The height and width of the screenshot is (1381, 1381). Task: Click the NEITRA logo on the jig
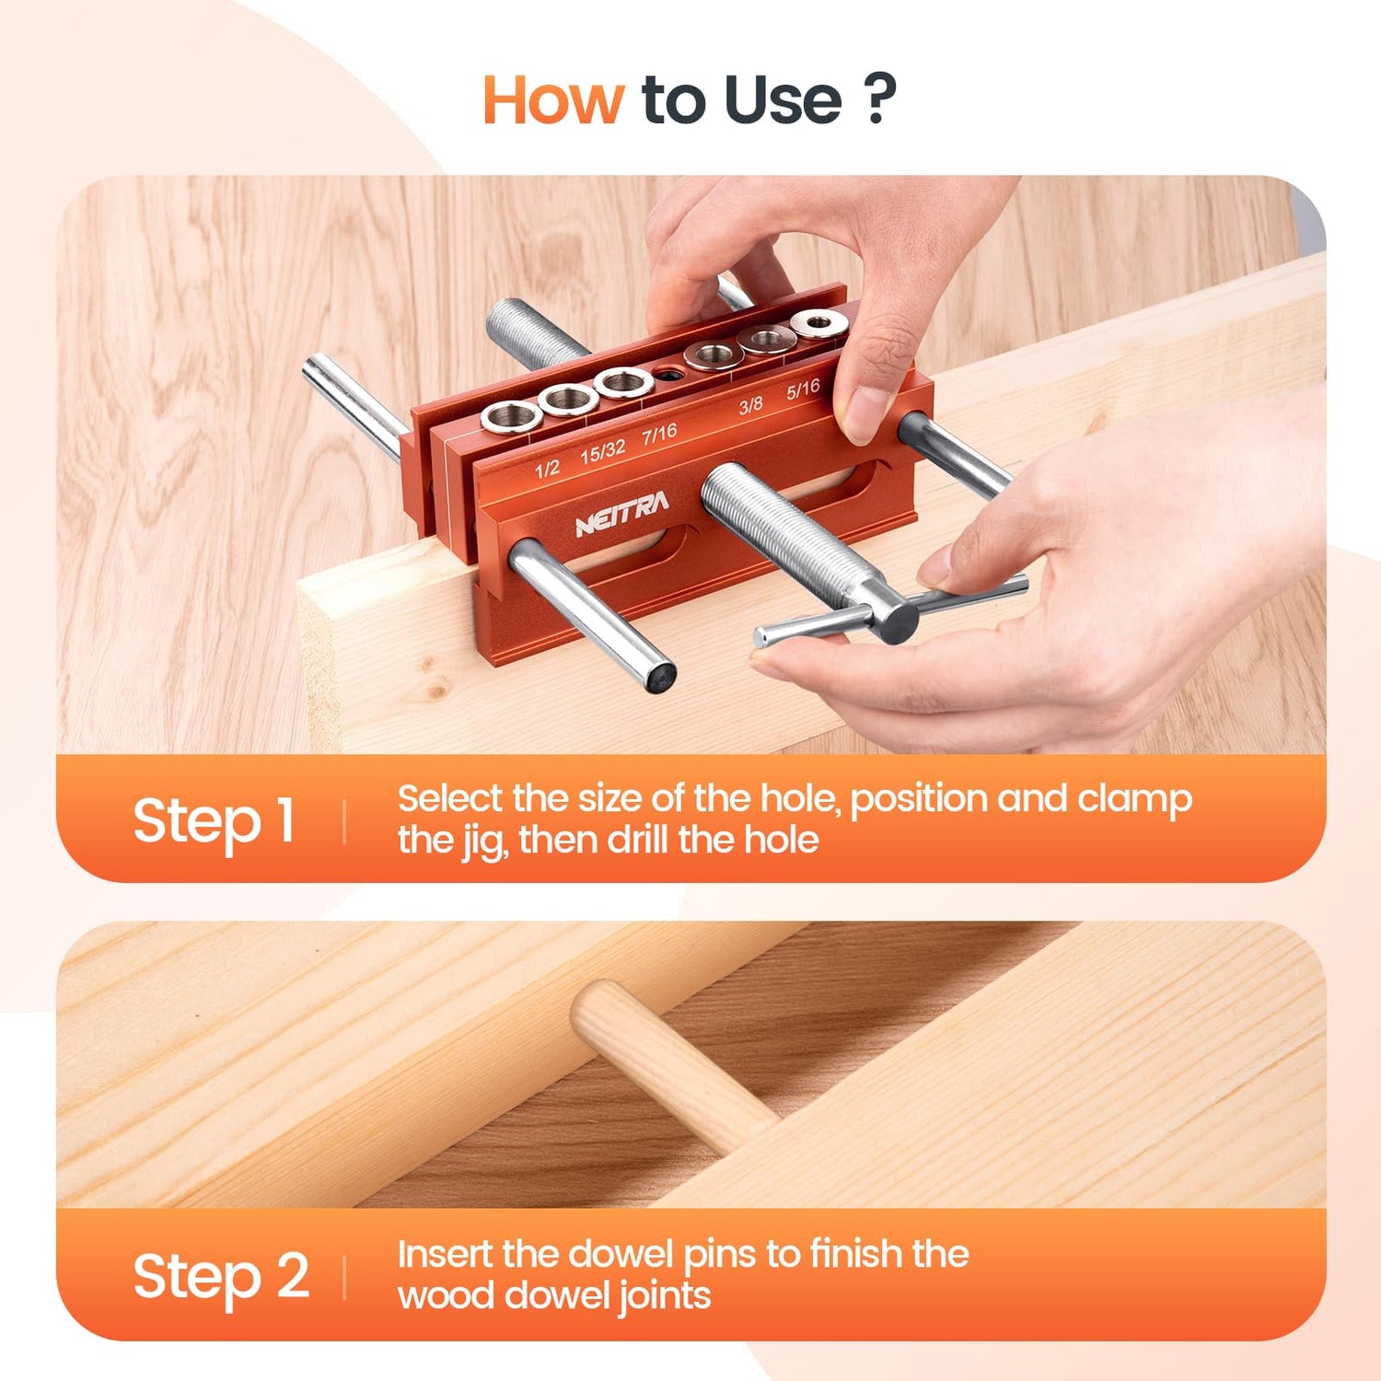click(x=621, y=514)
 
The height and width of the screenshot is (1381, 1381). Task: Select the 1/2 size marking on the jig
click(x=547, y=469)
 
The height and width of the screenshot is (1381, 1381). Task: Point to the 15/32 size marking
click(x=602, y=451)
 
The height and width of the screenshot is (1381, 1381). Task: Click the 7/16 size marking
click(x=659, y=433)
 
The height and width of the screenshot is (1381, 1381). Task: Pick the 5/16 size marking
click(x=803, y=389)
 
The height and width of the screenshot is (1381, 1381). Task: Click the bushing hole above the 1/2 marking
click(x=511, y=417)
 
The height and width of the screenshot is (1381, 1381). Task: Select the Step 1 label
click(x=214, y=820)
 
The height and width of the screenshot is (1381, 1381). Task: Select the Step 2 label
click(x=221, y=1276)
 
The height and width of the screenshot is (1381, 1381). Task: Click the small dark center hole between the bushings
click(x=667, y=375)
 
